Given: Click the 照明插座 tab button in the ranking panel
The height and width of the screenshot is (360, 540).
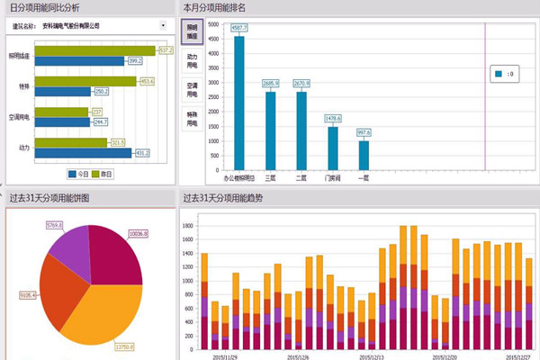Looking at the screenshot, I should (192, 31).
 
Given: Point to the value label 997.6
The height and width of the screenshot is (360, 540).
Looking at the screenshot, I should (364, 132).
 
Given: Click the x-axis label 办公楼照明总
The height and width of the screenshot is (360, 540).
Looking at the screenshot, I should (239, 178).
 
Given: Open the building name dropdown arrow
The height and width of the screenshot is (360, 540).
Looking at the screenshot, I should (162, 25).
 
